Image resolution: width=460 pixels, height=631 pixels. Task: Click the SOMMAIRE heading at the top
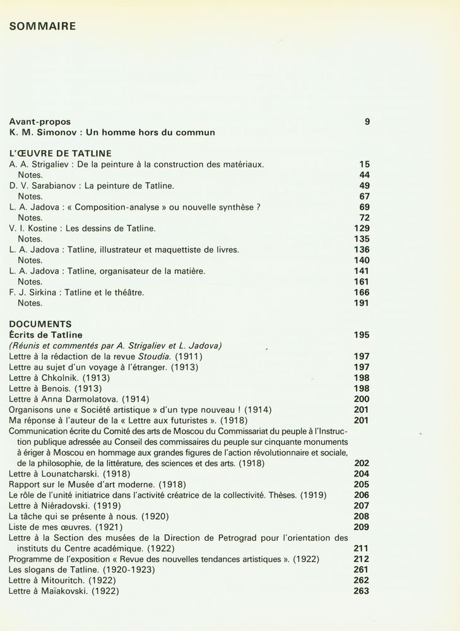42,27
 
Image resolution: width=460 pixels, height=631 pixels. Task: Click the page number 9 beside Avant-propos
367,122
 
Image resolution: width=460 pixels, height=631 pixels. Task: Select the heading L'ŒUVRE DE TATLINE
60,153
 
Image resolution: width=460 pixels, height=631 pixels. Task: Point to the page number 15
364,164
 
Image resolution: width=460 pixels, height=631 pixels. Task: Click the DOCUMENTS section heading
40,324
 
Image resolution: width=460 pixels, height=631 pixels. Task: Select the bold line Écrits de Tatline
45,335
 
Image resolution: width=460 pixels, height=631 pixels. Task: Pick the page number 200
362,399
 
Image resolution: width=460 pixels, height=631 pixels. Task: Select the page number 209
362,527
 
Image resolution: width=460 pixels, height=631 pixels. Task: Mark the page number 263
362,591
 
